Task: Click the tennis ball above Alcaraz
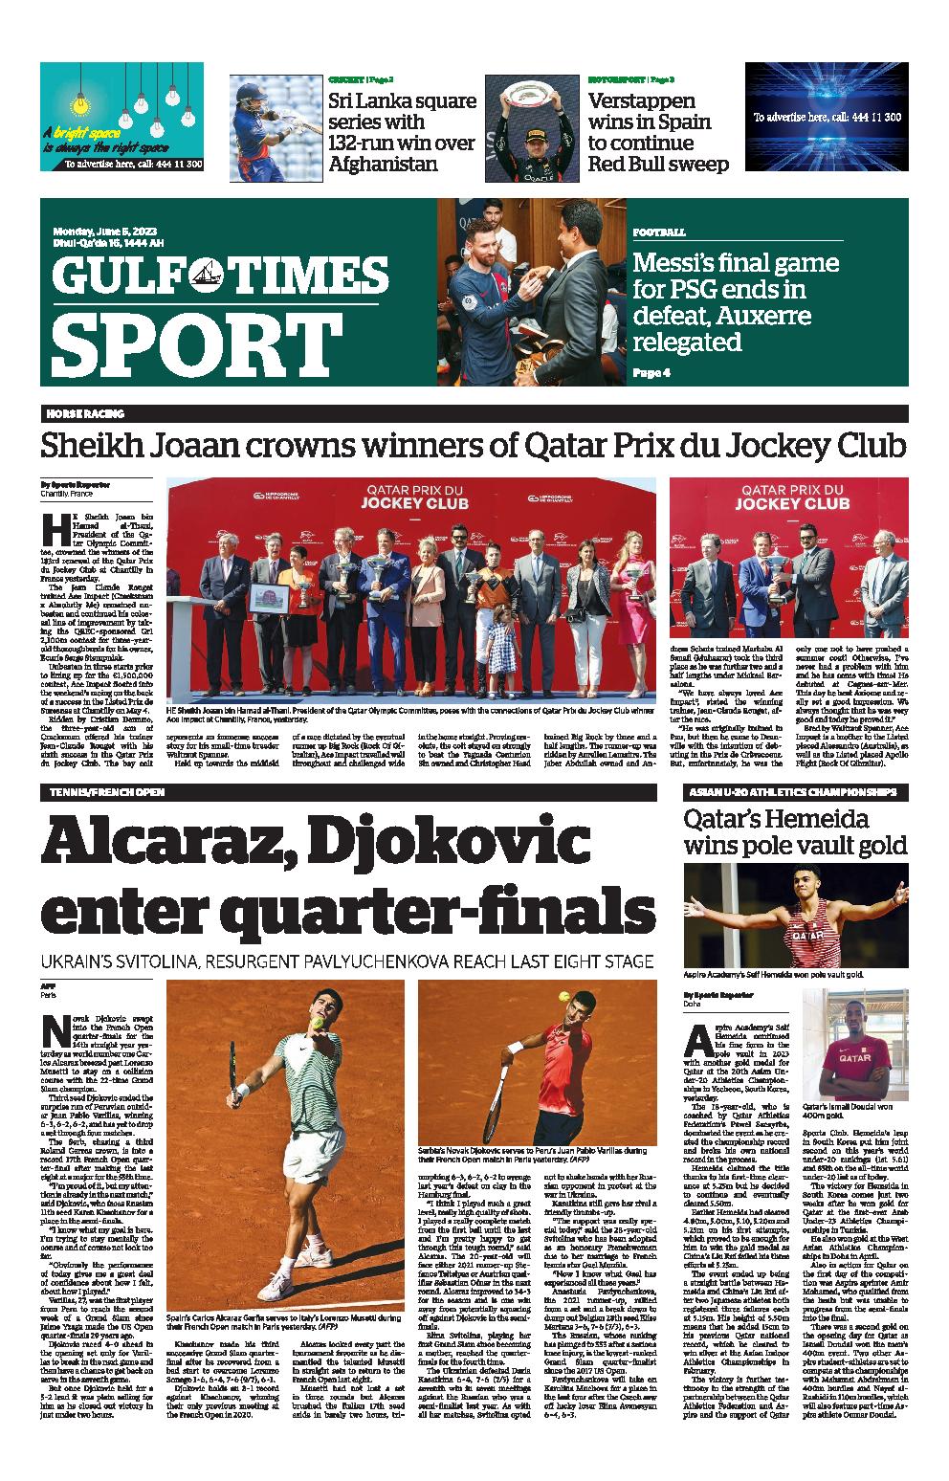tap(317, 1022)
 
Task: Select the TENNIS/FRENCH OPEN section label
tap(103, 792)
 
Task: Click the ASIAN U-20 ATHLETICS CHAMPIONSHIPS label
tap(791, 792)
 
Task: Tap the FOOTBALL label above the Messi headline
tap(658, 232)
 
